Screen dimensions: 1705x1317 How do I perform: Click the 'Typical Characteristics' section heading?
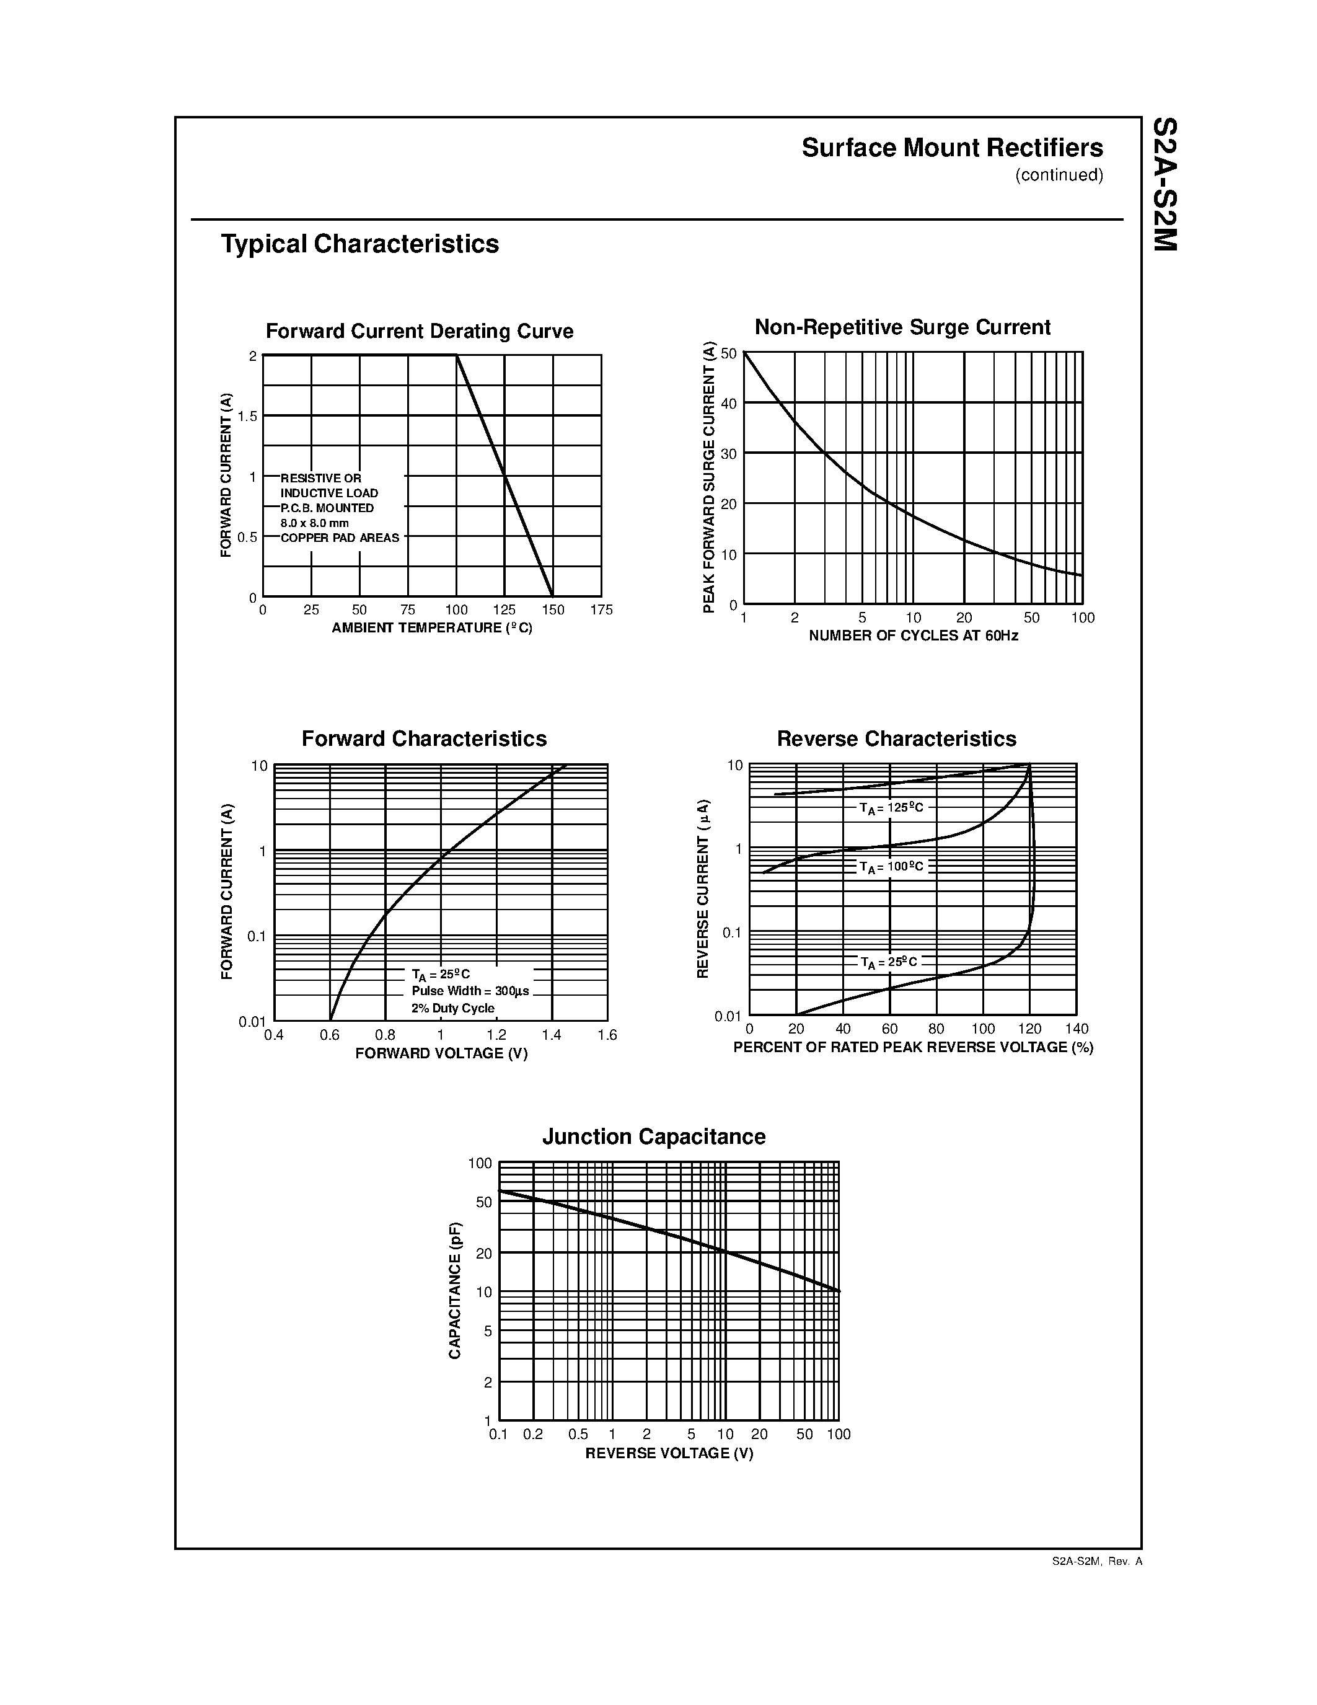tap(359, 244)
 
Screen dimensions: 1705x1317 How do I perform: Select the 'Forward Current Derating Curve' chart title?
tap(419, 332)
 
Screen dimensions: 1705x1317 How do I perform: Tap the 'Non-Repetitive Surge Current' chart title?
tap(902, 327)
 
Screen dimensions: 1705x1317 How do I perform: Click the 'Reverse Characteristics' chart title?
tap(896, 739)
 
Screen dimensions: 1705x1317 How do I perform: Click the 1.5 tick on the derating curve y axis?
tap(247, 417)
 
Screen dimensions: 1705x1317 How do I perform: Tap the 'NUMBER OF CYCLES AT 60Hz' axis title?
tap(913, 635)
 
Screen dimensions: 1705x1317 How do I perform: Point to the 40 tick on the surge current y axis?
tap(729, 404)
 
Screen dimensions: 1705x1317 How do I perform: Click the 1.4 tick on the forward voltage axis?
tap(552, 1035)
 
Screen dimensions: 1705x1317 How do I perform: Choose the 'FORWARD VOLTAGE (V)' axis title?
tap(441, 1054)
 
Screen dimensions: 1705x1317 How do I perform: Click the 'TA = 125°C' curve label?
tap(891, 808)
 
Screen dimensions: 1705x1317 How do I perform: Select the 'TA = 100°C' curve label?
tap(891, 867)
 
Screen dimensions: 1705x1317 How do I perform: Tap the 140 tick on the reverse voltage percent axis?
tap(1077, 1029)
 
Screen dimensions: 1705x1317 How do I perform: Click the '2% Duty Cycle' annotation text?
tap(452, 1008)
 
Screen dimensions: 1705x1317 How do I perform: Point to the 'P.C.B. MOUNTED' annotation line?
tap(327, 508)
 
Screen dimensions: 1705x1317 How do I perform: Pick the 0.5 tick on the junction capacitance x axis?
tap(578, 1434)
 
